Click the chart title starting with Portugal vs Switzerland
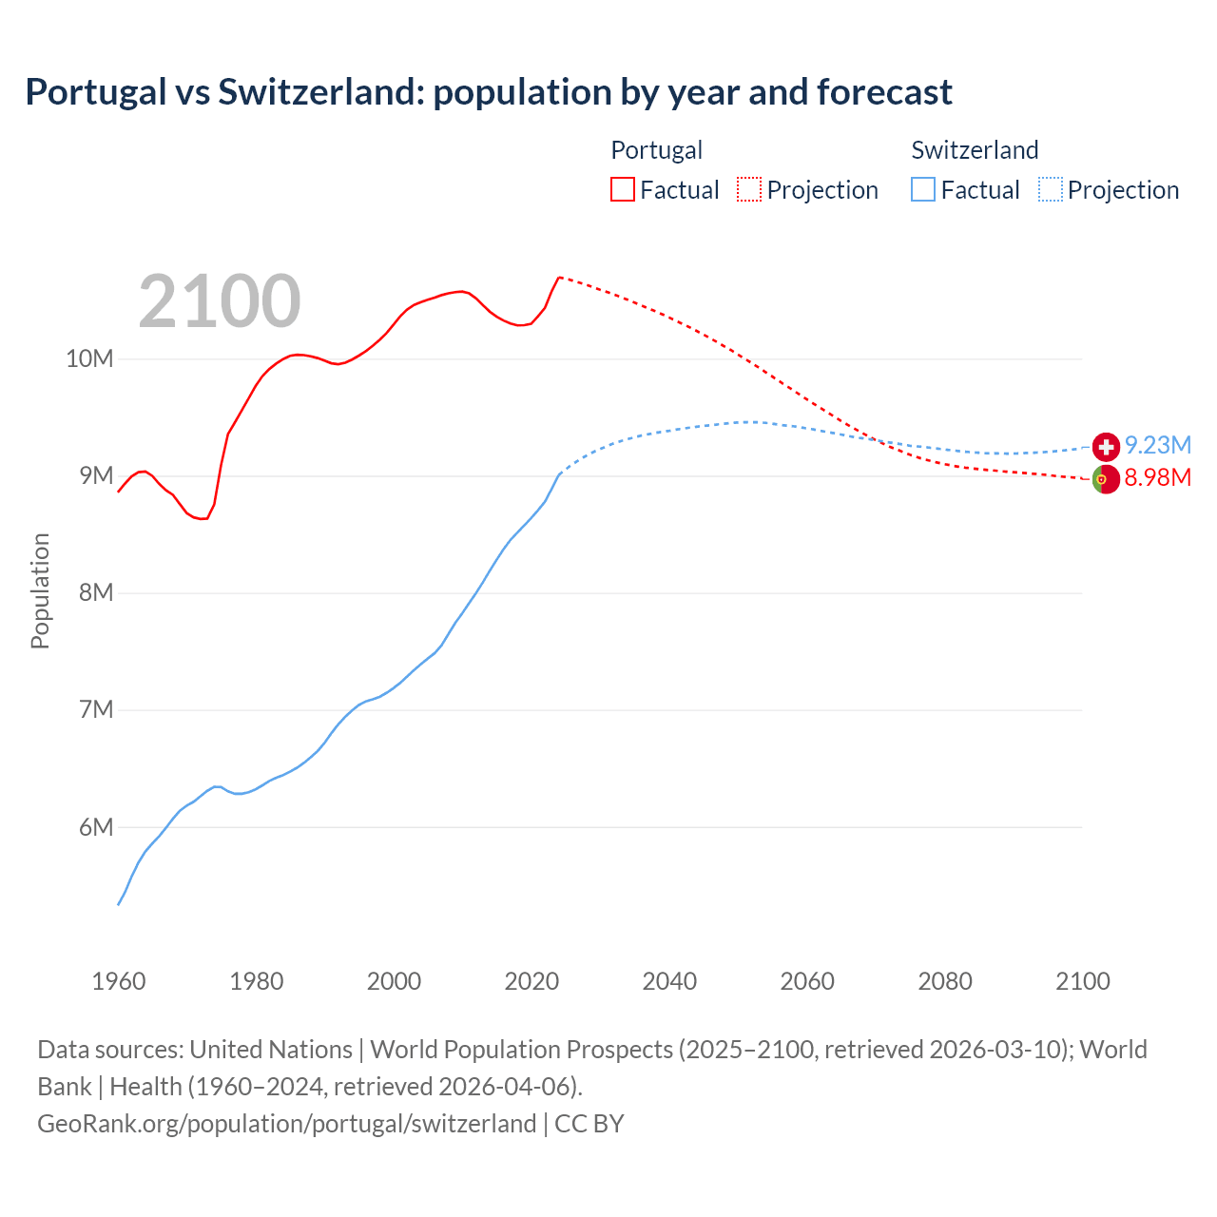[489, 92]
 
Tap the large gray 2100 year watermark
[220, 301]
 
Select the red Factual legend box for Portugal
[623, 189]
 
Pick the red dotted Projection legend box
[749, 189]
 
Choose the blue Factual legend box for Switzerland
[923, 189]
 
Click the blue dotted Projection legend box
[1050, 189]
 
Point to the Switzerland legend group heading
[975, 150]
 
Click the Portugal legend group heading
[656, 150]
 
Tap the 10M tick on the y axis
[89, 358]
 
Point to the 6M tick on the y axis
[95, 827]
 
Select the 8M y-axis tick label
[95, 592]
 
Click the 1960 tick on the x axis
[119, 981]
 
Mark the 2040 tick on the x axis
[669, 981]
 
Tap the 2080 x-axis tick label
[945, 981]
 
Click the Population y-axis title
[40, 590]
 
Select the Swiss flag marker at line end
[1106, 446]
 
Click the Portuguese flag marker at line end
[1105, 480]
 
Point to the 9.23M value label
[1158, 445]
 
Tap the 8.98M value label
[1158, 477]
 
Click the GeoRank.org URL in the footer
[286, 1124]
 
